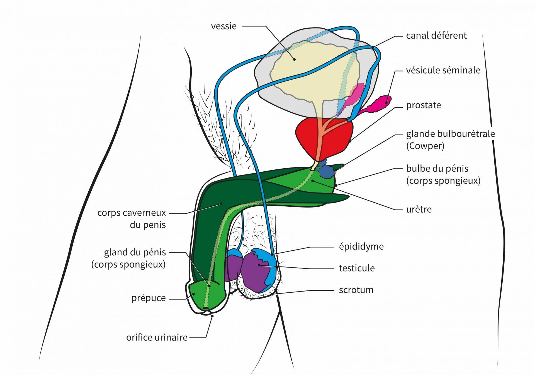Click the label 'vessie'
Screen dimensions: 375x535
click(x=224, y=26)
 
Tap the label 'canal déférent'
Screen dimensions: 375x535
click(x=436, y=36)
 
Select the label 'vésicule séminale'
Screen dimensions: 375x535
click(x=443, y=70)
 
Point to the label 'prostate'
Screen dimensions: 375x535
click(x=424, y=105)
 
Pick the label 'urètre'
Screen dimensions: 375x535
click(x=419, y=209)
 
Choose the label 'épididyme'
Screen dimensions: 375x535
click(x=361, y=246)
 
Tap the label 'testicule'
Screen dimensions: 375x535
click(x=357, y=268)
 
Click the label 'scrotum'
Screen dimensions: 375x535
click(x=356, y=290)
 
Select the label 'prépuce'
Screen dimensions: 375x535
click(x=149, y=298)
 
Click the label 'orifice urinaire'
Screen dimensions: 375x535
click(x=157, y=337)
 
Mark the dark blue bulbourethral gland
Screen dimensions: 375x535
click(x=327, y=172)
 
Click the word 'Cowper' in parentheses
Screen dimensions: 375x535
click(x=425, y=146)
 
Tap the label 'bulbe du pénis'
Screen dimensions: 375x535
click(x=437, y=169)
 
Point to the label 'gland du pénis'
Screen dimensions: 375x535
click(x=135, y=252)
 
